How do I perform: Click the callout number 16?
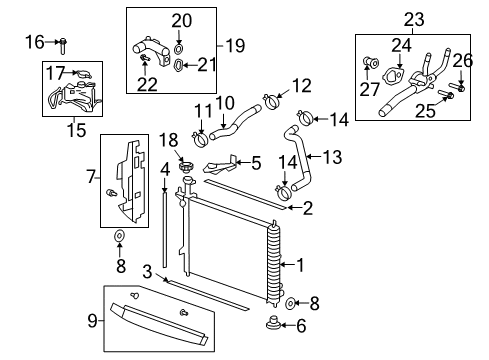click(33, 42)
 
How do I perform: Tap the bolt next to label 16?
click(62, 43)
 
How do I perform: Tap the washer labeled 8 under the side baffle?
click(119, 237)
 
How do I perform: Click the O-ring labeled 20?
click(177, 48)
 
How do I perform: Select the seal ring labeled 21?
click(178, 66)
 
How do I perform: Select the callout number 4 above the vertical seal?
click(164, 169)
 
